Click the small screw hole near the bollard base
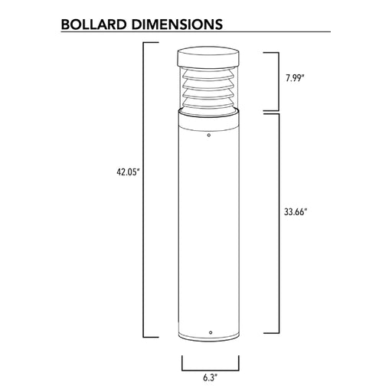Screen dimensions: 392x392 [x=211, y=332]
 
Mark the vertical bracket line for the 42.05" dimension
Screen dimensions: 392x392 [x=145, y=191]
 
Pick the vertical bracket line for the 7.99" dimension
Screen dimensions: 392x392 [x=276, y=80]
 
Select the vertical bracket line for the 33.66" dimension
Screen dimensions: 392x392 [x=276, y=223]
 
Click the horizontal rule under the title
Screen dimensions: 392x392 [x=196, y=33]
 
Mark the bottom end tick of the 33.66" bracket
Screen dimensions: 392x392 [x=270, y=334]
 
